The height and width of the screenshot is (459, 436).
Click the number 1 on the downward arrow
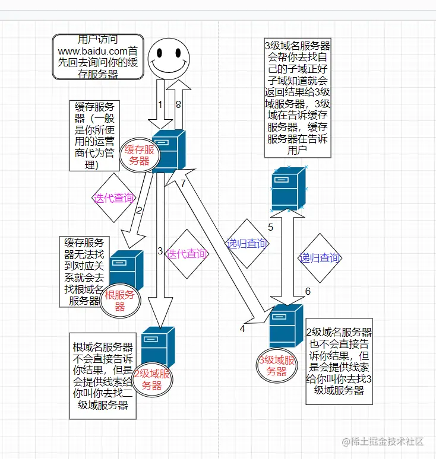point(160,104)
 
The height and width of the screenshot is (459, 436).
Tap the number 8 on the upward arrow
point(178,104)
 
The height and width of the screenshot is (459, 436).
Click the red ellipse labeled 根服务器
point(119,301)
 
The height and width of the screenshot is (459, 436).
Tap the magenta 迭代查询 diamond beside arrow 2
point(113,198)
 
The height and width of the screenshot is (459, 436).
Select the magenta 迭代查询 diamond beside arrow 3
point(188,254)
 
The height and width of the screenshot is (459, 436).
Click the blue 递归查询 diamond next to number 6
point(320,258)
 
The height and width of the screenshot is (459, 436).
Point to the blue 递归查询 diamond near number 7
point(247,243)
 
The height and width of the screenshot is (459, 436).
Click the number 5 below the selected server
point(270,227)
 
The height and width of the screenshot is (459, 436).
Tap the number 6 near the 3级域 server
point(308,291)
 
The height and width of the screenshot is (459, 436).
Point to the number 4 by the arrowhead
point(242,328)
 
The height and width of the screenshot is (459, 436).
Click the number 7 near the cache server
point(183,183)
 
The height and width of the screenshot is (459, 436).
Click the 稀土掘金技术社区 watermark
point(383,442)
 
